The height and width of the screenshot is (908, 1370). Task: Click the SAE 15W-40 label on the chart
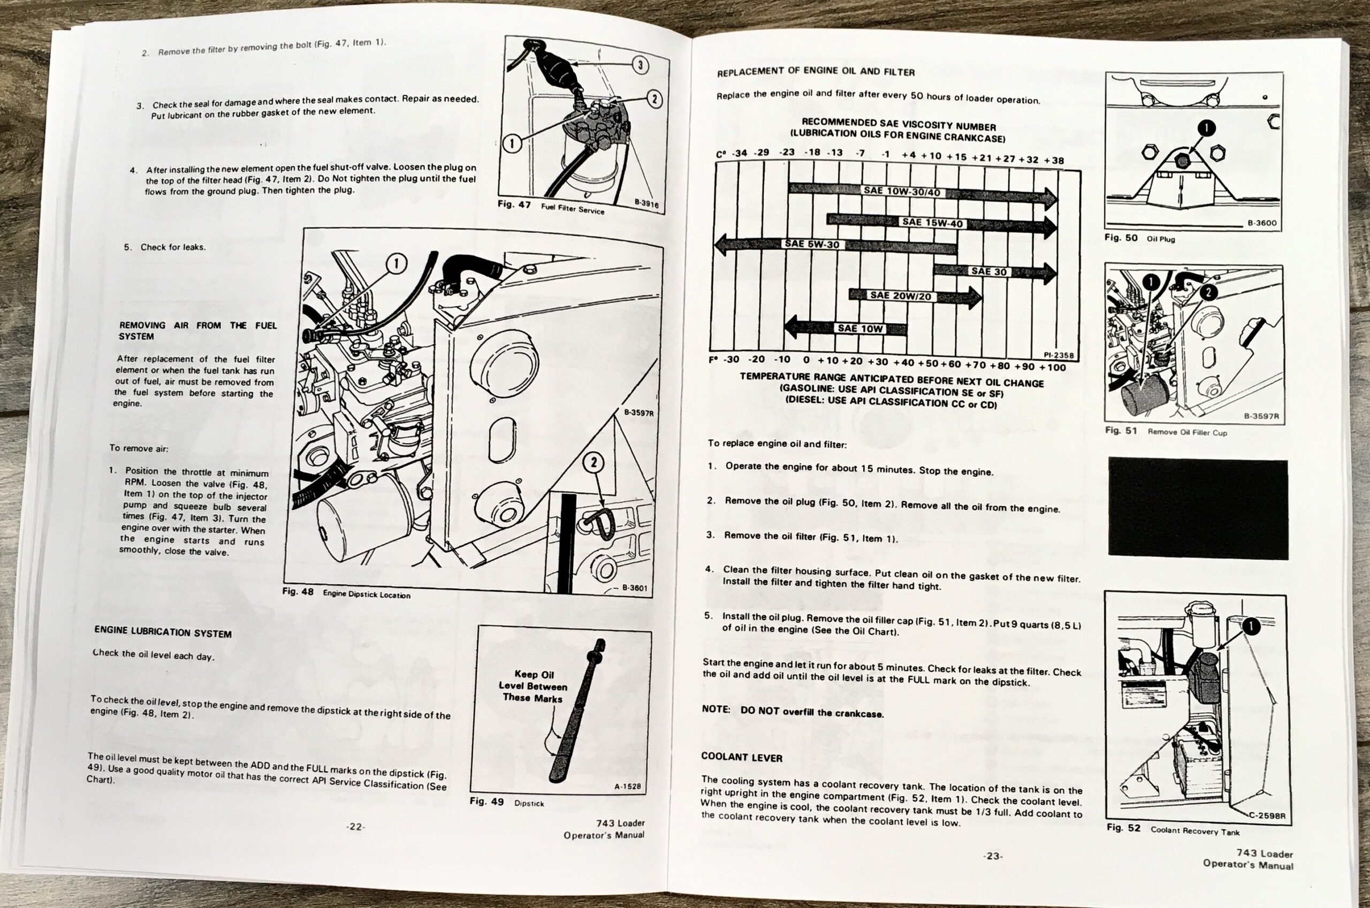pyautogui.click(x=932, y=223)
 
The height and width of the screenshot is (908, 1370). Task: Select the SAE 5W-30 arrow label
pyautogui.click(x=811, y=244)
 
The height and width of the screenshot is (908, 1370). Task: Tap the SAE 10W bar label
pyautogui.click(x=860, y=329)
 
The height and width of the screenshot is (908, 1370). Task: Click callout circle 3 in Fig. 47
pyautogui.click(x=640, y=65)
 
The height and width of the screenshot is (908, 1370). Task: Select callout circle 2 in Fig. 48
pyautogui.click(x=593, y=462)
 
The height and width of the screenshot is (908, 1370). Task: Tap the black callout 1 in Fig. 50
pyautogui.click(x=1206, y=128)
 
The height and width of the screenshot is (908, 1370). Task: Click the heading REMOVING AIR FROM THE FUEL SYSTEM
pyautogui.click(x=197, y=331)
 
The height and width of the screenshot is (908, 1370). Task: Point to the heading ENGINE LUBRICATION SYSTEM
pyautogui.click(x=163, y=632)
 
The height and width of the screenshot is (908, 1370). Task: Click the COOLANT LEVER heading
pyautogui.click(x=741, y=757)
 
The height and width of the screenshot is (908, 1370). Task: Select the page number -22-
pyautogui.click(x=355, y=827)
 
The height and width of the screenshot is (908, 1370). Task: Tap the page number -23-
pyautogui.click(x=993, y=856)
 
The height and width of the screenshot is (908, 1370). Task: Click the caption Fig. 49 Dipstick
pyautogui.click(x=507, y=803)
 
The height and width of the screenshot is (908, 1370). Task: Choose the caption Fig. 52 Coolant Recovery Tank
pyautogui.click(x=1173, y=829)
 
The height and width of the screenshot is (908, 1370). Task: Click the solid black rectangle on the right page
pyautogui.click(x=1198, y=509)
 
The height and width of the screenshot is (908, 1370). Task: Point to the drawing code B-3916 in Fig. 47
pyautogui.click(x=646, y=203)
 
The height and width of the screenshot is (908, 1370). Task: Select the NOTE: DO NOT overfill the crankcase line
pyautogui.click(x=792, y=712)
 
